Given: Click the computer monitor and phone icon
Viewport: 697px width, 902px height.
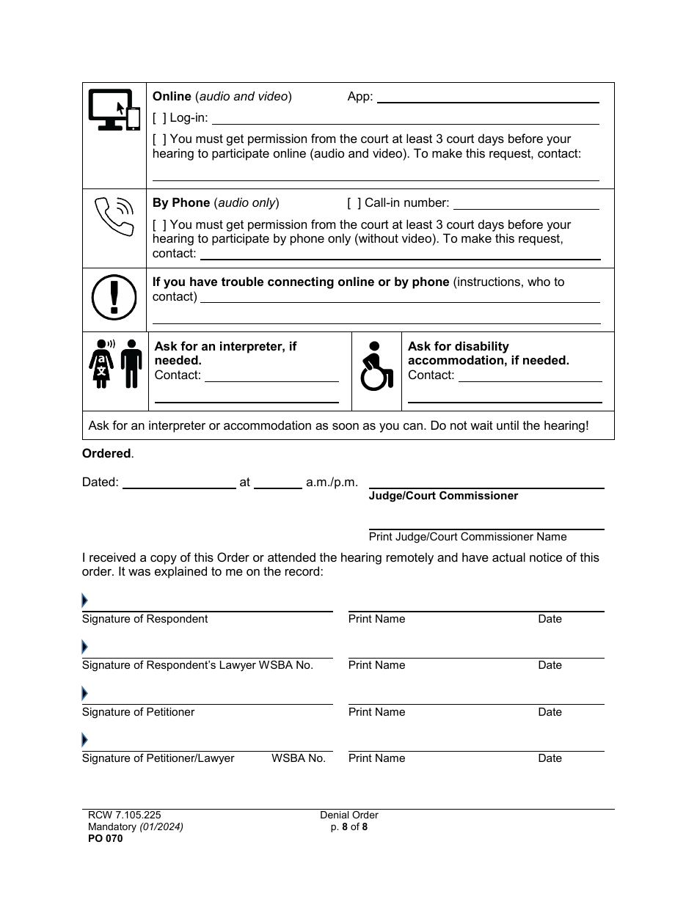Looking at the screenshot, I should [114, 110].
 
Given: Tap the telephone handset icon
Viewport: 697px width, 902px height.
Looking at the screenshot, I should [114, 216].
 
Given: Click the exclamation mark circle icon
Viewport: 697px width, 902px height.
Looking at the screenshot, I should [114, 298].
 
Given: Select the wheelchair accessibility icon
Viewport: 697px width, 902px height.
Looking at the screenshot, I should [377, 366].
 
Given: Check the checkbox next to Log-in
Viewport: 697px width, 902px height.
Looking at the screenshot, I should [159, 118].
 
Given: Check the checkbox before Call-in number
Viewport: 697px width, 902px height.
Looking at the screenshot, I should [354, 203].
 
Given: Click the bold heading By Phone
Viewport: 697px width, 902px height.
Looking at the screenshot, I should [181, 203].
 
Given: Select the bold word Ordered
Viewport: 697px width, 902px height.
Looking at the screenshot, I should [106, 454].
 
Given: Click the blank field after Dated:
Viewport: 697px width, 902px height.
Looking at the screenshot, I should [179, 483].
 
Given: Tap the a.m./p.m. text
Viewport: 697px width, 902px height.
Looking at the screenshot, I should [332, 483].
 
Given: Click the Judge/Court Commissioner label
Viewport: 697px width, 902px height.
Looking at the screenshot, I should [443, 496].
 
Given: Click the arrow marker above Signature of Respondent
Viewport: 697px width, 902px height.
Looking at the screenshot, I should [85, 601].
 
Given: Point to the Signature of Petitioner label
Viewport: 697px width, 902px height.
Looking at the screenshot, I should [139, 712].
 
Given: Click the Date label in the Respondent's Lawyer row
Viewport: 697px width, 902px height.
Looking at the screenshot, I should [550, 665].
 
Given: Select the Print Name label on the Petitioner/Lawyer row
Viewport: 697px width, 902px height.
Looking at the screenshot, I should [376, 758].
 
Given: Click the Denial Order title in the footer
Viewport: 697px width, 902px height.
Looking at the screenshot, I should [349, 815].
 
